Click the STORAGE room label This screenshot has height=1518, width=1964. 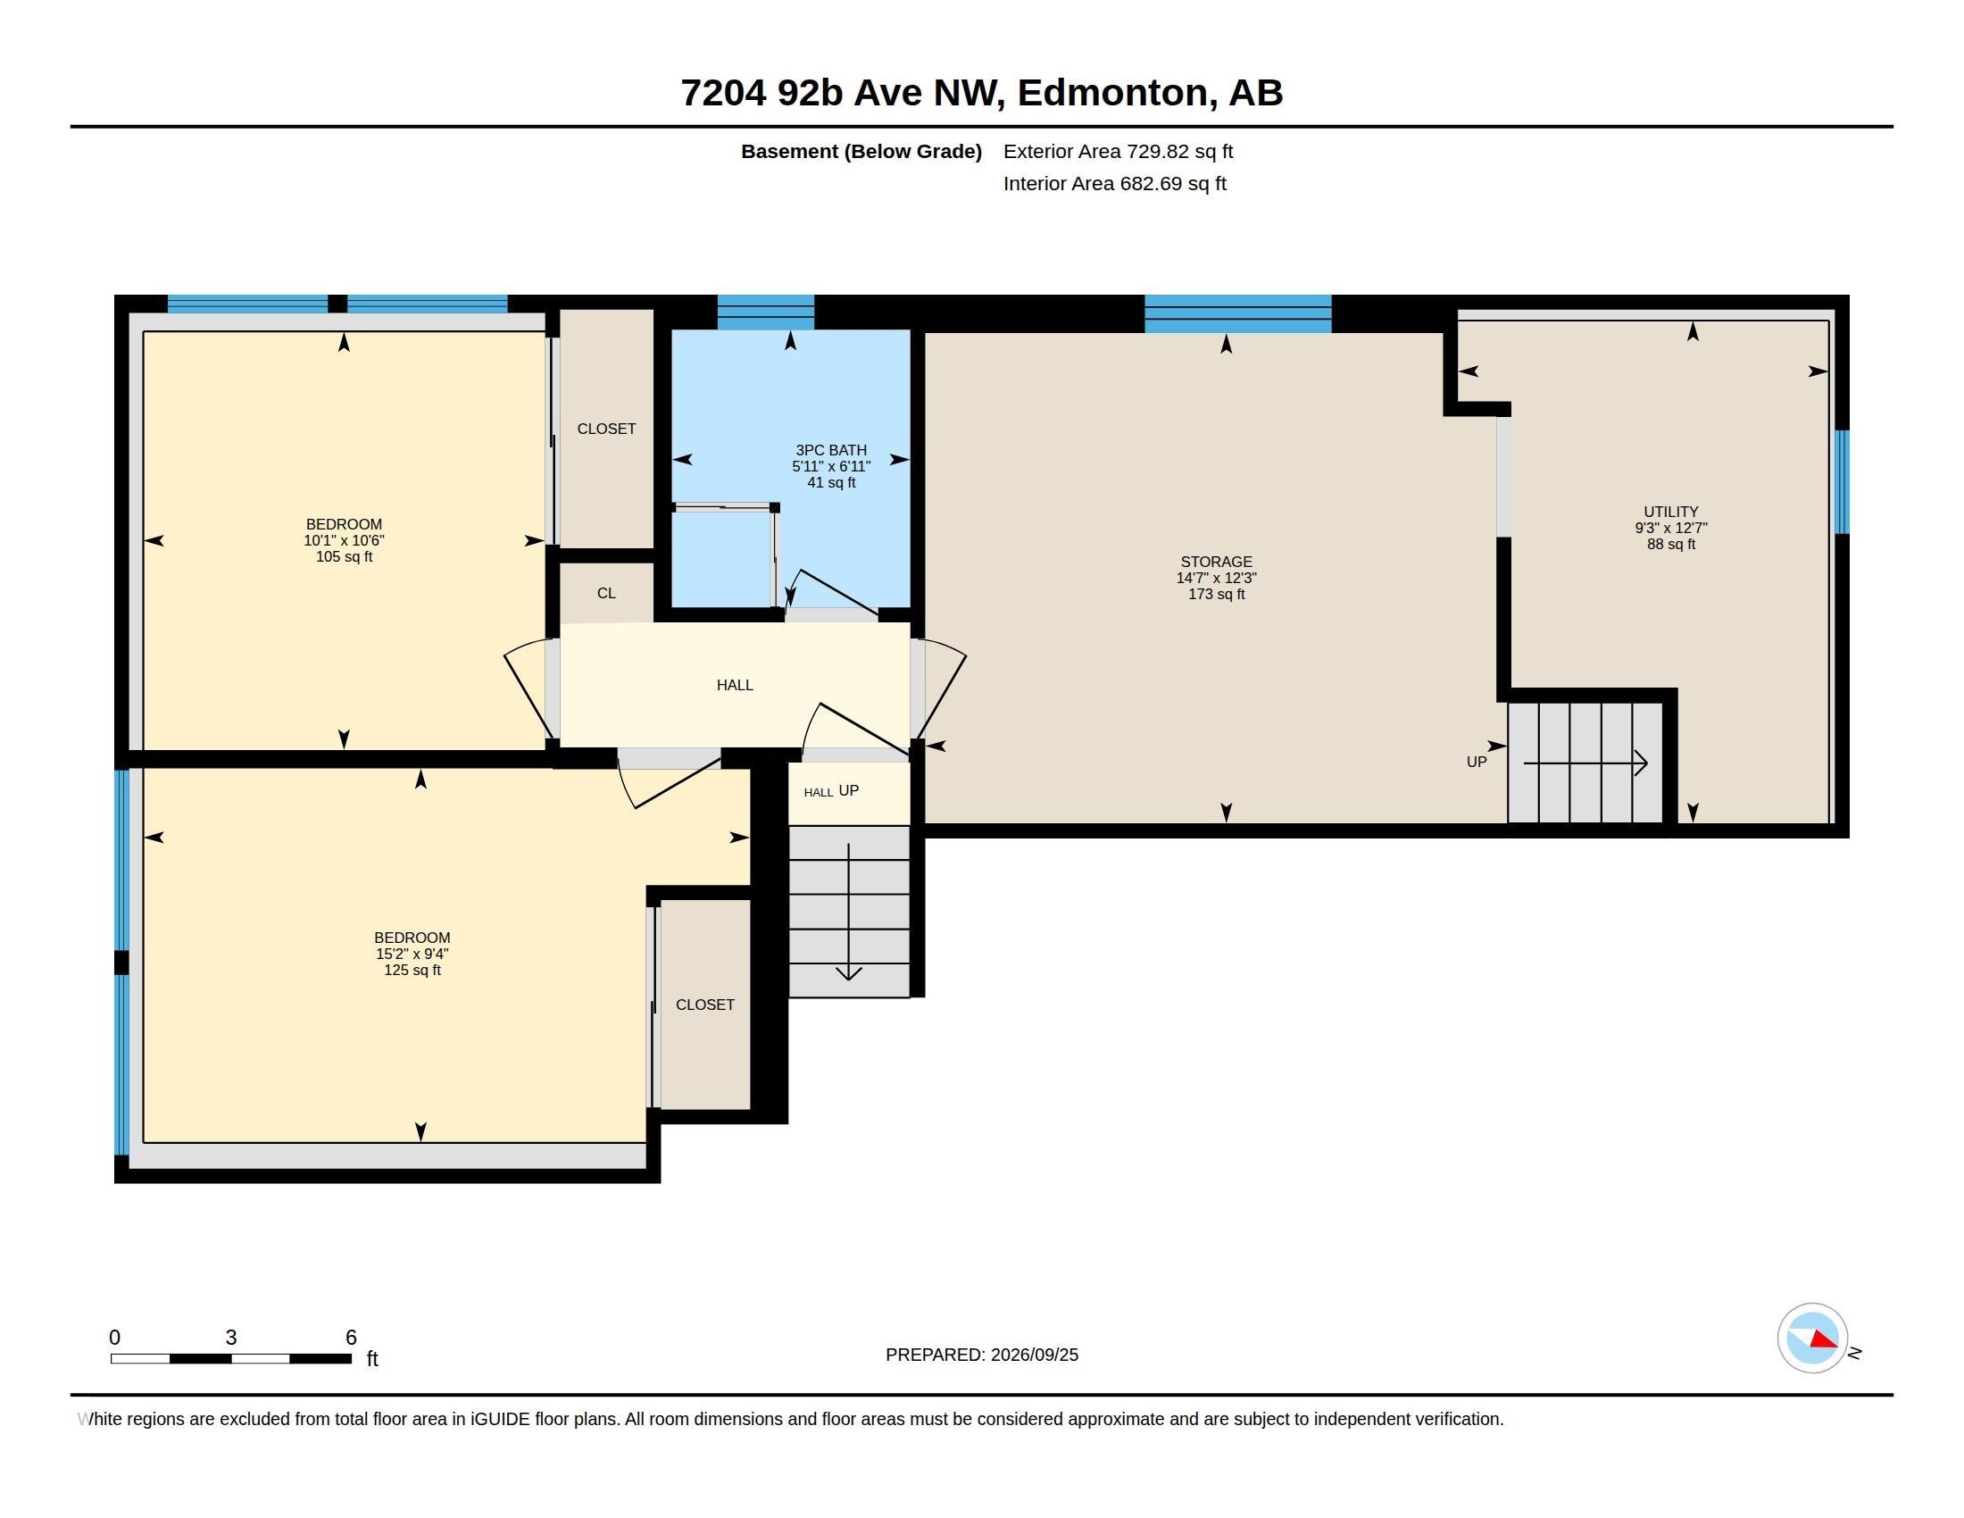click(1216, 562)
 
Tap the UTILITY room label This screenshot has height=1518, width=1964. click(1671, 512)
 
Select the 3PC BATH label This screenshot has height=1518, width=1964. click(831, 451)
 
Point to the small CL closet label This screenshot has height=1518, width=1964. click(606, 594)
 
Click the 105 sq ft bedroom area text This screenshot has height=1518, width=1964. click(344, 556)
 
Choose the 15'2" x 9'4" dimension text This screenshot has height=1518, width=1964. click(412, 955)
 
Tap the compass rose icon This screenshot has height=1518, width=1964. click(1812, 1339)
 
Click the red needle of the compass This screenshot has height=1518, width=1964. click(1824, 1339)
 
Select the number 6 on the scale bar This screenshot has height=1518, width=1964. click(351, 1338)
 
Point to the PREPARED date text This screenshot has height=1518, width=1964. click(982, 1355)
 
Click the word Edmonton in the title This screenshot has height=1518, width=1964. click(1111, 93)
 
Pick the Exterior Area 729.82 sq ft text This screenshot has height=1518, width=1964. click(1118, 151)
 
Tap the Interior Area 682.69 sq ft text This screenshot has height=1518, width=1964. click(1114, 183)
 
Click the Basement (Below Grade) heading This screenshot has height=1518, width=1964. click(861, 151)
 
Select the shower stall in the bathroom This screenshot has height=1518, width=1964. click(724, 557)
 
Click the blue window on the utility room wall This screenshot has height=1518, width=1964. click(1842, 482)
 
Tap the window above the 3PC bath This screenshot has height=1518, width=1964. click(765, 312)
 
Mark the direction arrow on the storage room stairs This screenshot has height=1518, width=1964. click(1585, 763)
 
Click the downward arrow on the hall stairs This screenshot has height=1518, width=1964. click(849, 912)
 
